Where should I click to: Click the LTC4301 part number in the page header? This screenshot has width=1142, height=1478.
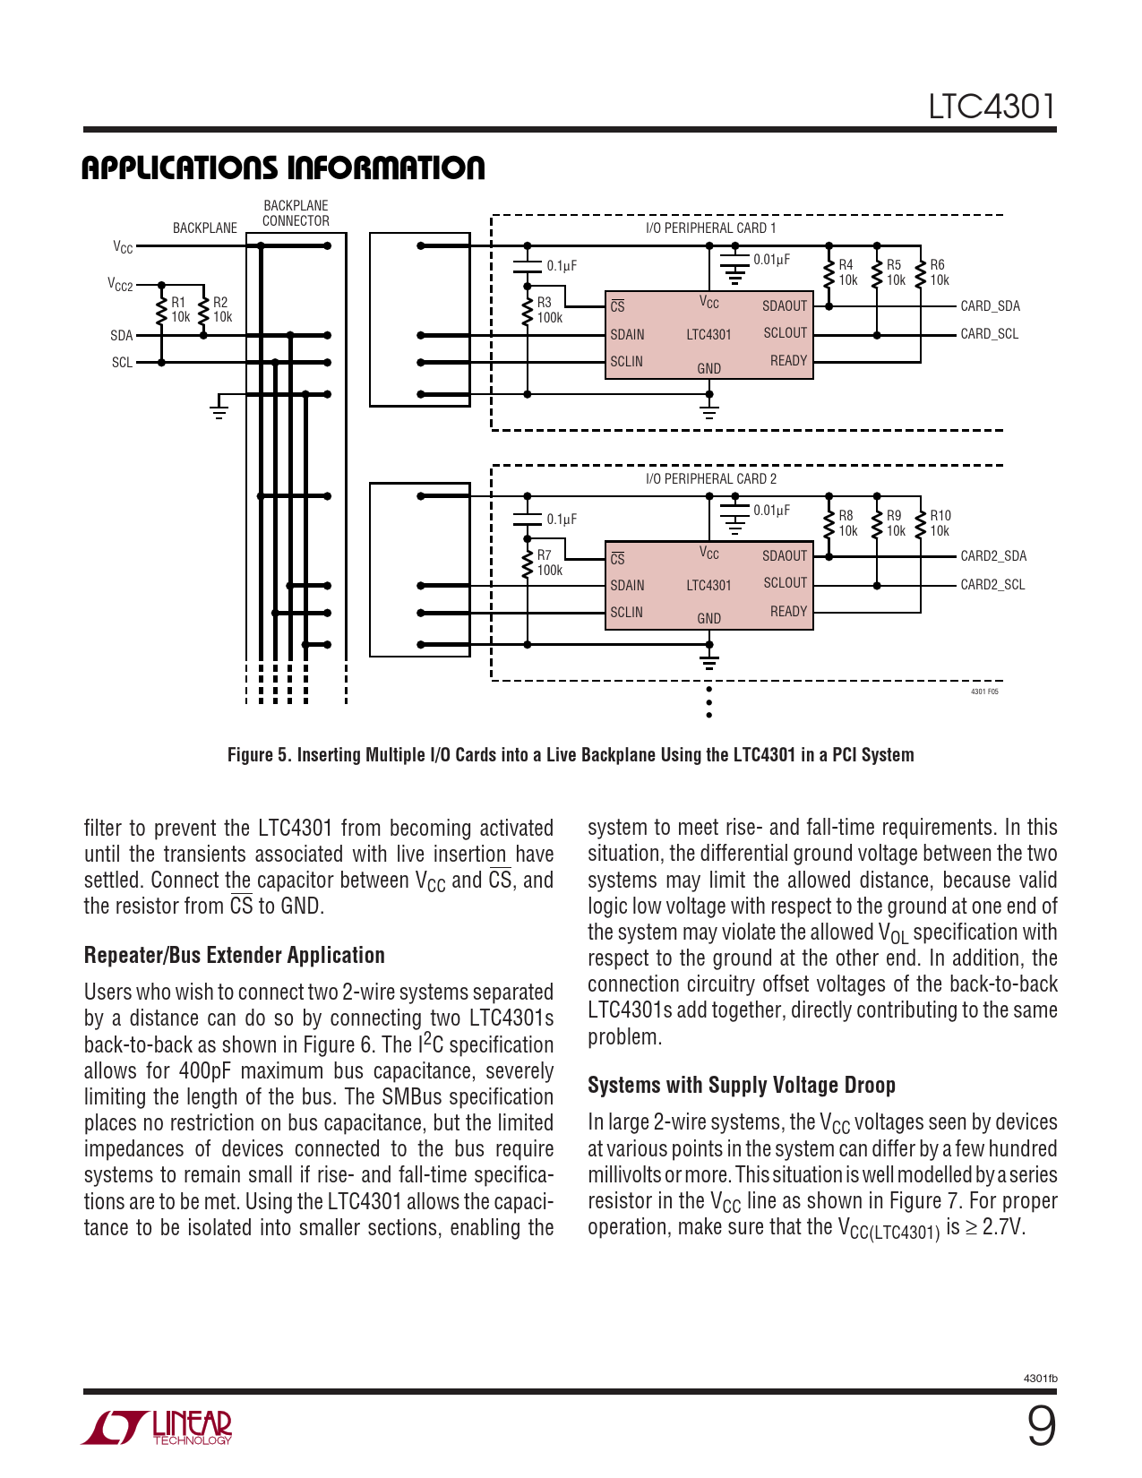click(x=992, y=107)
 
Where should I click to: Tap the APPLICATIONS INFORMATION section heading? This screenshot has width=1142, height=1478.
click(x=283, y=168)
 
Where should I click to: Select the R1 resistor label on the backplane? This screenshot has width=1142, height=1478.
click(x=179, y=309)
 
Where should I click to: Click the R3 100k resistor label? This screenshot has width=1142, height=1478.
click(x=548, y=310)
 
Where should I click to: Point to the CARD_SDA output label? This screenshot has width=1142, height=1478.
click(x=990, y=305)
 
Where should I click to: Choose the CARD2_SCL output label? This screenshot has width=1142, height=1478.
click(x=992, y=584)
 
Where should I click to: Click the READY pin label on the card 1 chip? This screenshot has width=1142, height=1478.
click(x=788, y=360)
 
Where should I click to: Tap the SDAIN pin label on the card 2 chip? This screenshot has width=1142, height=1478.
click(x=627, y=585)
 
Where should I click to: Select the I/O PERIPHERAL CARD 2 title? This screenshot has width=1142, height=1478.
click(x=711, y=478)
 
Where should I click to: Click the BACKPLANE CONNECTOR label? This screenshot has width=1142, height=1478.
click(x=296, y=213)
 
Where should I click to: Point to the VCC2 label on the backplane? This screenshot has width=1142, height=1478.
click(x=120, y=284)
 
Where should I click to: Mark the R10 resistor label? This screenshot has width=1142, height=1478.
click(x=940, y=523)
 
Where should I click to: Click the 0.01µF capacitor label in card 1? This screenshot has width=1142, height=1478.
click(x=771, y=260)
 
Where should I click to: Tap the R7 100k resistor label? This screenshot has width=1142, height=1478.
click(x=548, y=563)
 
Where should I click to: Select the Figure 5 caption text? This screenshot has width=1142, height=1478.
click(x=571, y=754)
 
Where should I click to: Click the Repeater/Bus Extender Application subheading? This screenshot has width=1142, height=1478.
click(x=235, y=955)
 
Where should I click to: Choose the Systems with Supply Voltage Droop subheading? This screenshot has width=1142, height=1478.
click(x=742, y=1085)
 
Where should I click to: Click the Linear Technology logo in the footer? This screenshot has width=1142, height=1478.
click(x=158, y=1427)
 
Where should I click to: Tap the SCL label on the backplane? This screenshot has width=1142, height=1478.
click(x=122, y=363)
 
